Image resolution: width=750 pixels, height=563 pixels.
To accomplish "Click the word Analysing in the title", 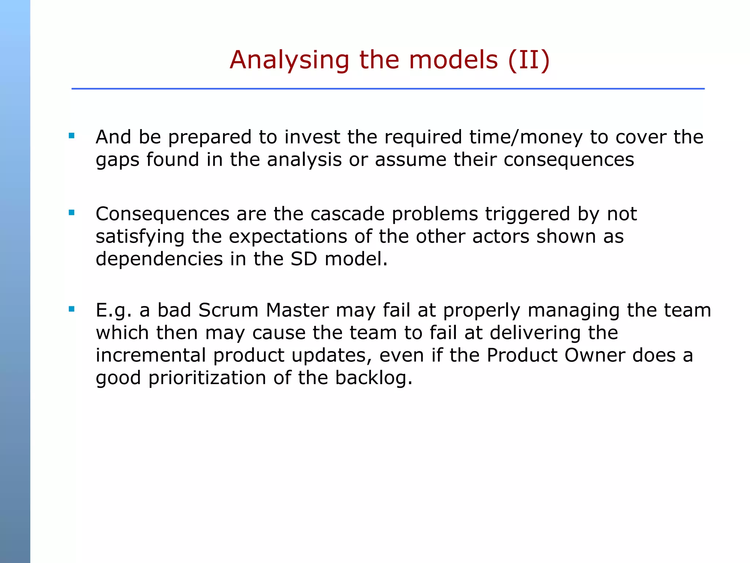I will [289, 60].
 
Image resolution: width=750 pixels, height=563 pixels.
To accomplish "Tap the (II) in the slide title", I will [529, 60].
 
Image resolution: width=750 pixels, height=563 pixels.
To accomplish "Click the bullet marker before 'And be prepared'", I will [71, 136].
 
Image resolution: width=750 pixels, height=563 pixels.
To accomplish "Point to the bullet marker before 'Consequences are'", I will [71, 213].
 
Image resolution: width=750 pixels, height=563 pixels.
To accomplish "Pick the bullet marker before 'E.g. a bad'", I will [71, 309].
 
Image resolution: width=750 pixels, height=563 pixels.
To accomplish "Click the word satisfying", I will [140, 237].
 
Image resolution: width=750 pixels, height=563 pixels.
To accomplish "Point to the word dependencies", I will [159, 259].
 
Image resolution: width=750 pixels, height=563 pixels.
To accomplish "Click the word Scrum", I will [228, 310].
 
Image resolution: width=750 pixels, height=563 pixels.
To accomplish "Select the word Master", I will [297, 310].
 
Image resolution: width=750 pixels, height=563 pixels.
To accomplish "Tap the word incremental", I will [151, 356].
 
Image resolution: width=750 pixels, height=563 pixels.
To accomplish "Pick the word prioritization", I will [207, 378].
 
